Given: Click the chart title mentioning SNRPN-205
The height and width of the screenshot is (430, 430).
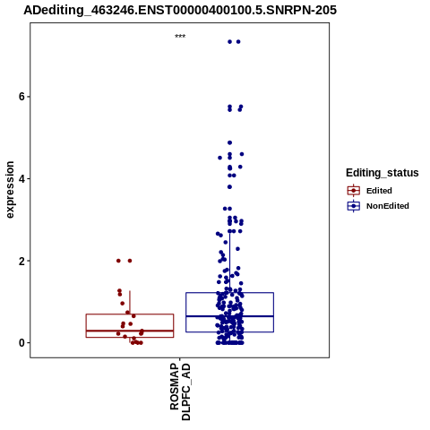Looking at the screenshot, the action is (180, 10).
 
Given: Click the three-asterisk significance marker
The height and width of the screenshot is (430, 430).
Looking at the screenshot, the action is (180, 36).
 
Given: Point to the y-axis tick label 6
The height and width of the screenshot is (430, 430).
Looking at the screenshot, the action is (21, 97).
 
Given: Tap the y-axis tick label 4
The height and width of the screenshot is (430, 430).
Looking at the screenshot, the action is (21, 178).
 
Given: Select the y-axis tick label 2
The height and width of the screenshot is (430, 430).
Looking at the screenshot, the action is (21, 261).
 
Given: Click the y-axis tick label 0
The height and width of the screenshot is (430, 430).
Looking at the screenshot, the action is (21, 343).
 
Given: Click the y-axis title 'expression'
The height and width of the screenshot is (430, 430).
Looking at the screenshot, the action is (10, 190).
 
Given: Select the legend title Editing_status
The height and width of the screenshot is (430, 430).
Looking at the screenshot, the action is (383, 173).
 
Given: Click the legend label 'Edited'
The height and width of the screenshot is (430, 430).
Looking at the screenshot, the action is (379, 191).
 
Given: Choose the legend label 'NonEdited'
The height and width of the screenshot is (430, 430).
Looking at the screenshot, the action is (388, 206).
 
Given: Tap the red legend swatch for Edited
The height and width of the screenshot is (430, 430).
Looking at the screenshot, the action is (354, 191).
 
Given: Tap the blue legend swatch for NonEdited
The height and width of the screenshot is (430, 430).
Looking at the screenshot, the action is (354, 206).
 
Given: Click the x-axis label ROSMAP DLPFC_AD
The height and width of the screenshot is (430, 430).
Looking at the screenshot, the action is (180, 391).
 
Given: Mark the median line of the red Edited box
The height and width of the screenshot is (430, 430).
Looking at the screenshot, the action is (130, 331).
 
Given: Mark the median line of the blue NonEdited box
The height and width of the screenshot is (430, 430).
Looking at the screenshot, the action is (229, 316).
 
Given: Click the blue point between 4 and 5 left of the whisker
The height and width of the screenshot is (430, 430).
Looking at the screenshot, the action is (220, 158).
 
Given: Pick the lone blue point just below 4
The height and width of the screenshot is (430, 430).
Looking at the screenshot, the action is (229, 187).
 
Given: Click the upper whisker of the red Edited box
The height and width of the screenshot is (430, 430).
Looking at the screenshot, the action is (130, 302).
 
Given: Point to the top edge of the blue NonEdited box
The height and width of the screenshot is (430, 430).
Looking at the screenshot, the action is (229, 293).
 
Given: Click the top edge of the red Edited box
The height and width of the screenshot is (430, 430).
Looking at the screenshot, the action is (130, 314).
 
